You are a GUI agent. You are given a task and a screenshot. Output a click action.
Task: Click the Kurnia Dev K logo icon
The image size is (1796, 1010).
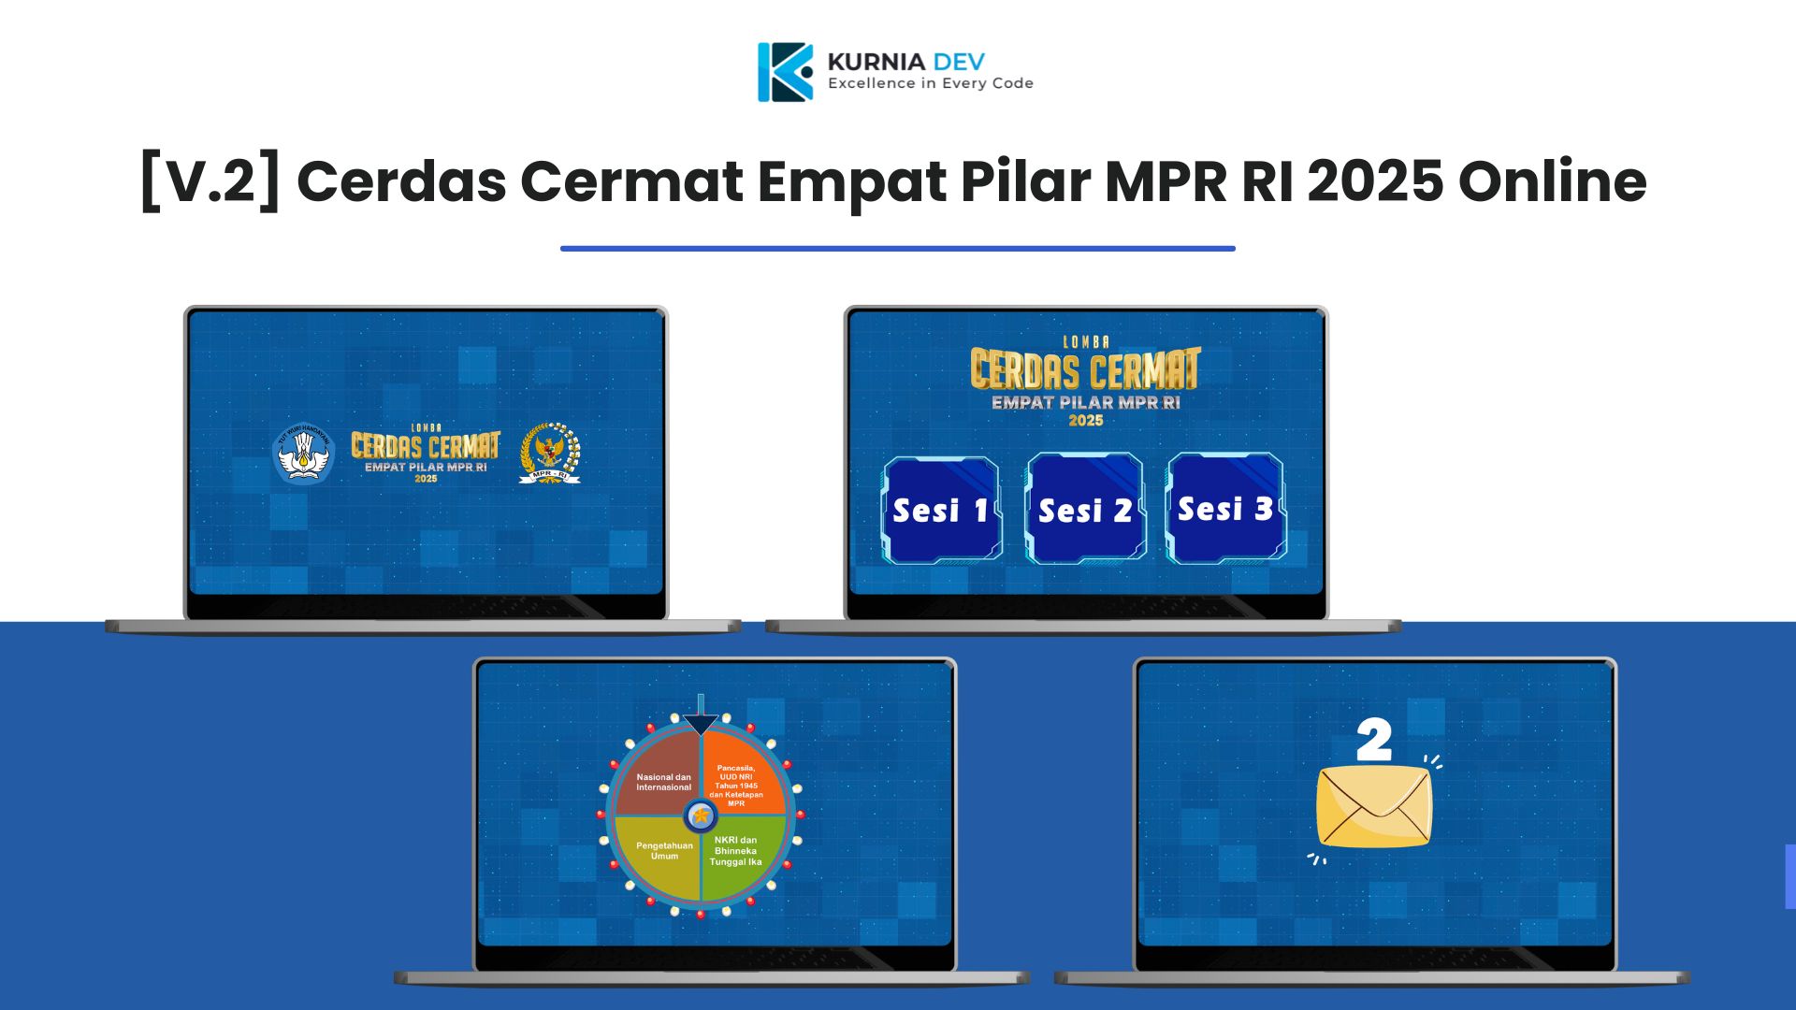point(785,72)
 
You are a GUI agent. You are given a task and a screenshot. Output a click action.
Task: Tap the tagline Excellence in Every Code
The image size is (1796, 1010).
point(930,83)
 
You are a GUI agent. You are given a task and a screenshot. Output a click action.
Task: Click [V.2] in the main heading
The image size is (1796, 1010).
point(210,180)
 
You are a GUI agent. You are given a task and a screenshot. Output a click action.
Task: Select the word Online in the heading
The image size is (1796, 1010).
point(1552,180)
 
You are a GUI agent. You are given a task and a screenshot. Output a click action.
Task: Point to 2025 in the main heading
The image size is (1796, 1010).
point(1375,180)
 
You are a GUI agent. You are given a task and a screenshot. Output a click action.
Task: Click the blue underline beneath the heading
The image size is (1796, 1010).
point(898,249)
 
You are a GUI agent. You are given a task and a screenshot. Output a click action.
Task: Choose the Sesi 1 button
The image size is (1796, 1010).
point(941,511)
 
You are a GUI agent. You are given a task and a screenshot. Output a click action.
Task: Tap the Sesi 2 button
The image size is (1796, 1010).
point(1085,511)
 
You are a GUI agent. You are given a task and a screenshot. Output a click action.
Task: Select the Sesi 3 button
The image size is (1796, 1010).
point(1225,509)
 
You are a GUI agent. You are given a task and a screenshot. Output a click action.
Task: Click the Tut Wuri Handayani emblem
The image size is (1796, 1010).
point(303,454)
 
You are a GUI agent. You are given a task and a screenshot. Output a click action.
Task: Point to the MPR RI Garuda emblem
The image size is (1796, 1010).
point(550,454)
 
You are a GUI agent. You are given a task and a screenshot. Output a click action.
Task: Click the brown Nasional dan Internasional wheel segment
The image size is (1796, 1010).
point(660,776)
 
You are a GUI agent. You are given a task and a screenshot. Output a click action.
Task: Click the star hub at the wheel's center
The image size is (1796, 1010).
point(701,815)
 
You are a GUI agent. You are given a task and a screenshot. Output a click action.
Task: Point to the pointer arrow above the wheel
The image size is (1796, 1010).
point(701,720)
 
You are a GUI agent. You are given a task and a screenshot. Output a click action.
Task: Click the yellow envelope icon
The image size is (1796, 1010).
point(1373,807)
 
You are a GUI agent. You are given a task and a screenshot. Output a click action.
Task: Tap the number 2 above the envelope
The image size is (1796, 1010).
point(1373,742)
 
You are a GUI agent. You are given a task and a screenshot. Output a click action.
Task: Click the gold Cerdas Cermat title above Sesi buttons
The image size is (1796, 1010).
point(1085,369)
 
